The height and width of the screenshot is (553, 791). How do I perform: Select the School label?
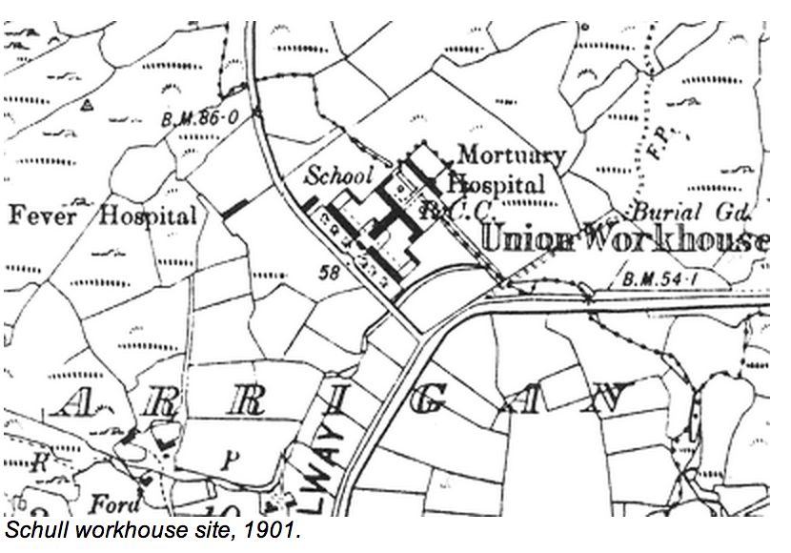[337, 174]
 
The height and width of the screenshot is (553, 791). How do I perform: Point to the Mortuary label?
[511, 154]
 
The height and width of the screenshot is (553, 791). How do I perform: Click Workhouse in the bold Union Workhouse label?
[681, 238]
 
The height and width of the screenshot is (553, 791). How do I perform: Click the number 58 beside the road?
[330, 274]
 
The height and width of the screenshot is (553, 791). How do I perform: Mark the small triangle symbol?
[88, 103]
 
